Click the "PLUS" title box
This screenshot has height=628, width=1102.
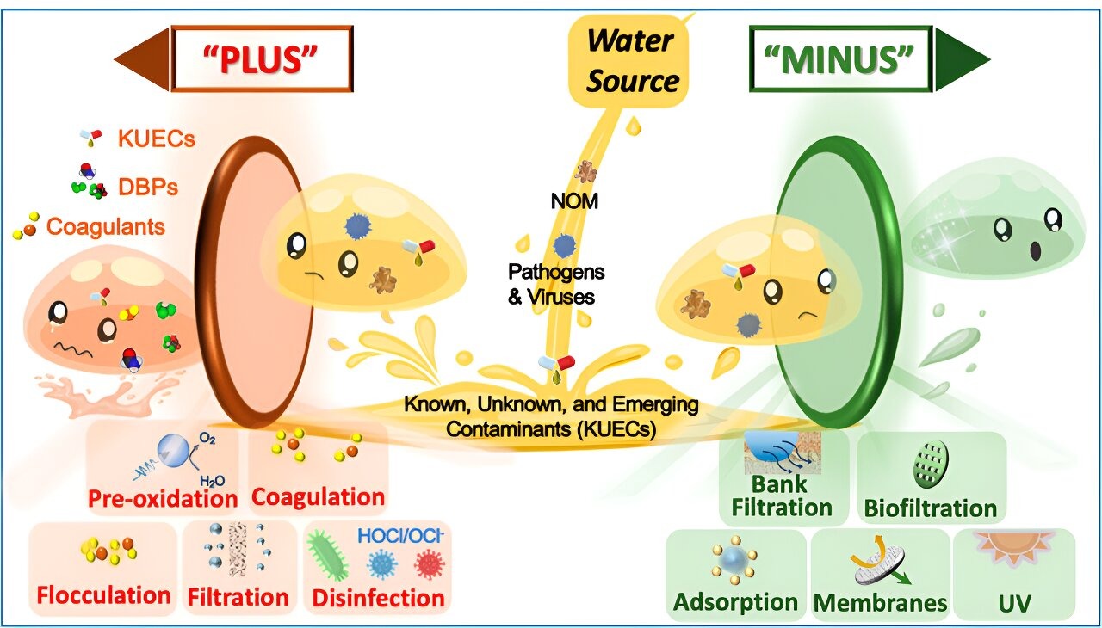coord(262,58)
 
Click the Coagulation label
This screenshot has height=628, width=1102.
coord(318,496)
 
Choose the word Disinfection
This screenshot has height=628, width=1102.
coord(379,597)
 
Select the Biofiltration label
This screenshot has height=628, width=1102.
coord(931,508)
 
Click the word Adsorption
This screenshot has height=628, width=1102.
coord(735,601)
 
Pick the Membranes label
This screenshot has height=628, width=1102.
coord(879,602)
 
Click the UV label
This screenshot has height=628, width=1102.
coord(1013,601)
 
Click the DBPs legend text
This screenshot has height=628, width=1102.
coord(148,187)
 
